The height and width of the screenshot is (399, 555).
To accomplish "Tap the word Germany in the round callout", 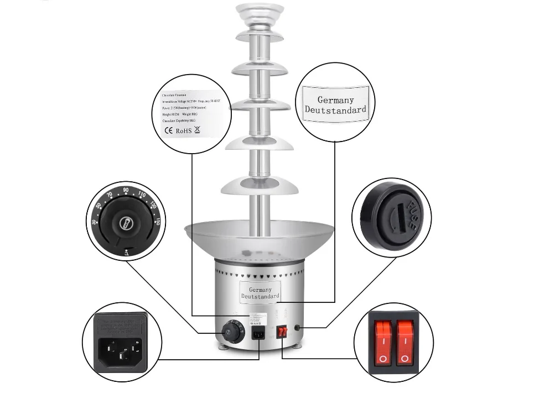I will [335, 100].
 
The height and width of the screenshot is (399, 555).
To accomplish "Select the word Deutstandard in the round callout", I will [335, 109].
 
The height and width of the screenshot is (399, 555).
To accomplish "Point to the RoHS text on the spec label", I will [183, 131].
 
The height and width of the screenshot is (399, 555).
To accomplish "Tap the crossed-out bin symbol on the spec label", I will [197, 130].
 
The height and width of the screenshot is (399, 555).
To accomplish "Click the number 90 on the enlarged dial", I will [126, 190].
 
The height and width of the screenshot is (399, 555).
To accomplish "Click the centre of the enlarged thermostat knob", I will [126, 223].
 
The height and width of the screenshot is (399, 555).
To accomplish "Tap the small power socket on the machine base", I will [258, 333].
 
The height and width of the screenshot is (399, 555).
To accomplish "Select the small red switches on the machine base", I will [282, 332].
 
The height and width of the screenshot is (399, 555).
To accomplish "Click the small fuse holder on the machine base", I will [298, 328].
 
